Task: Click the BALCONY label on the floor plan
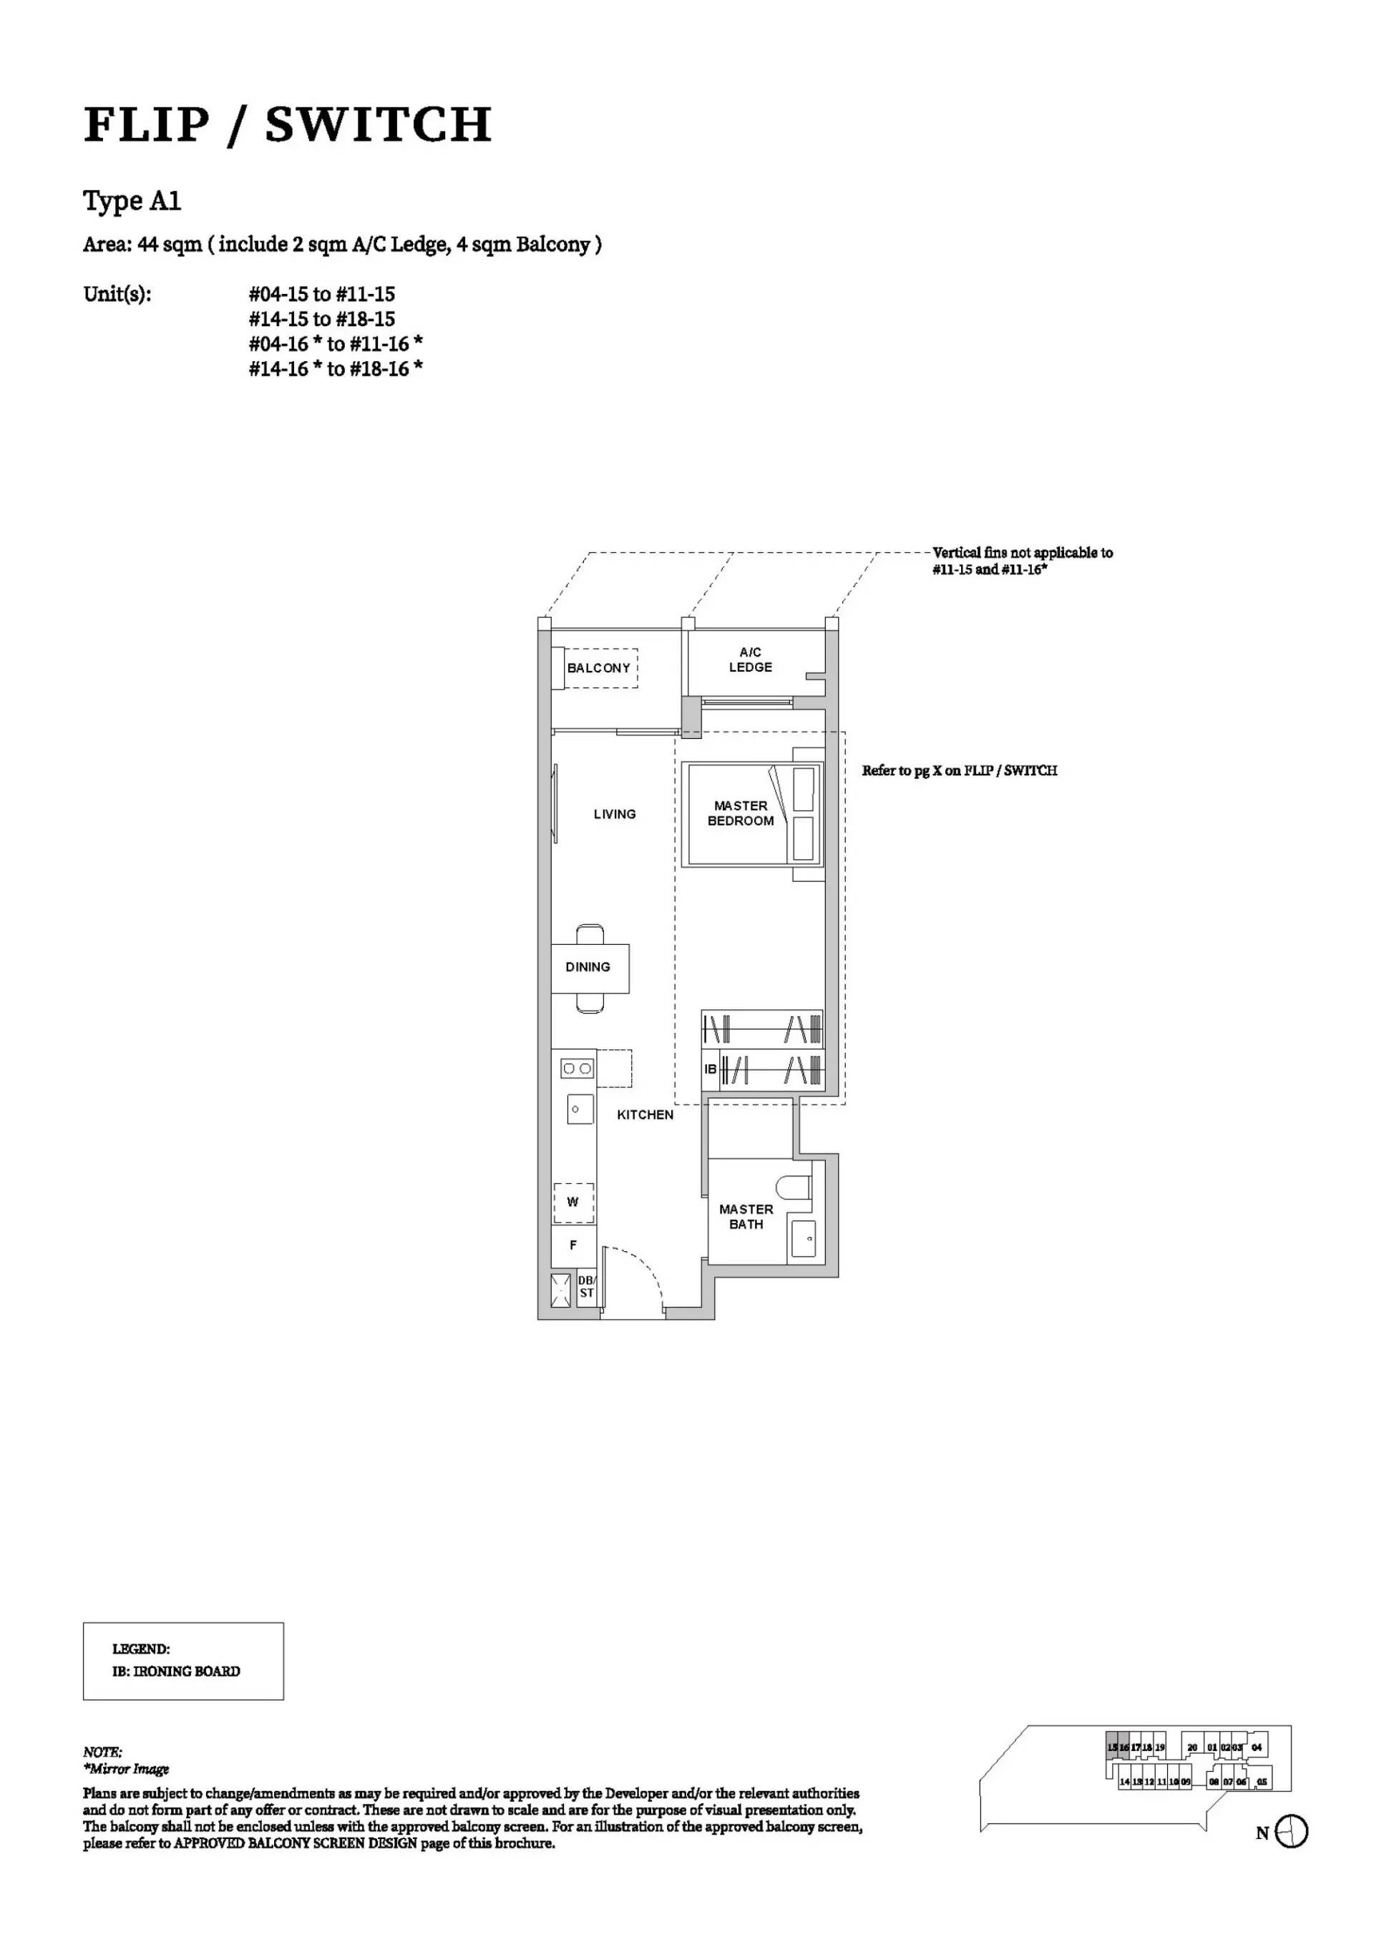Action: pyautogui.click(x=598, y=668)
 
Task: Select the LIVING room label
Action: pyautogui.click(x=614, y=814)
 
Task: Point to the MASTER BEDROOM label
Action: pyautogui.click(x=740, y=814)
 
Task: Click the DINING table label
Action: pyautogui.click(x=587, y=967)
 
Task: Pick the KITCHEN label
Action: pyautogui.click(x=645, y=1115)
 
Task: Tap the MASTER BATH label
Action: pyautogui.click(x=746, y=1217)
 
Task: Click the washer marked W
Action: pyautogui.click(x=572, y=1202)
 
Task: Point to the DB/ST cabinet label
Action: pyautogui.click(x=586, y=1287)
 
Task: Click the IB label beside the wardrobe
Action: pyautogui.click(x=711, y=1069)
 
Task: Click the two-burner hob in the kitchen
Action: pyautogui.click(x=577, y=1069)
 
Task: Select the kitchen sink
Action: pyautogui.click(x=580, y=1108)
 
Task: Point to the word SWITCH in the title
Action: pyautogui.click(x=378, y=125)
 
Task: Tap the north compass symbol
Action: pyautogui.click(x=1291, y=1832)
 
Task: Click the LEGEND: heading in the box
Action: pyautogui.click(x=140, y=1649)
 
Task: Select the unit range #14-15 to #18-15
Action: pyautogui.click(x=321, y=319)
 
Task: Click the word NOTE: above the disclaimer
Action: pyautogui.click(x=102, y=1752)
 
